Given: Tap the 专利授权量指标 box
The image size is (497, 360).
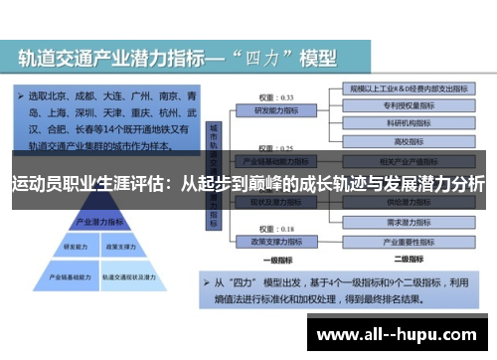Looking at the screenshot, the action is pos(404,104).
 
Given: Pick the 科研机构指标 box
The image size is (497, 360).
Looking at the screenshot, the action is pos(404,122).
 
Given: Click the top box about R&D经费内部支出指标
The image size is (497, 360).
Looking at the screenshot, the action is pos(404,88).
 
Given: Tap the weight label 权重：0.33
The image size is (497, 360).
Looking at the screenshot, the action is pos(274,97).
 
